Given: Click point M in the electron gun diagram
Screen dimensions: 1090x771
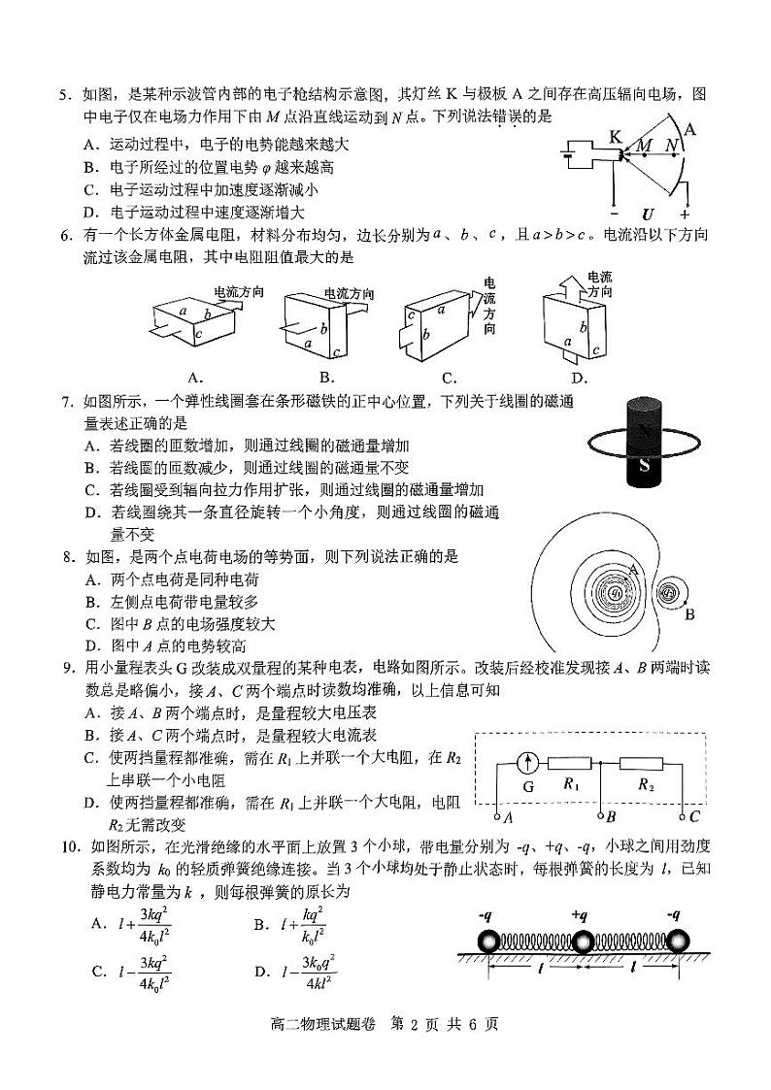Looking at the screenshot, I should tap(644, 154).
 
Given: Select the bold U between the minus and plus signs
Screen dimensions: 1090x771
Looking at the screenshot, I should tap(648, 214).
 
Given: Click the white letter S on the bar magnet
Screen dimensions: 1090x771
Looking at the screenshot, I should tap(644, 465).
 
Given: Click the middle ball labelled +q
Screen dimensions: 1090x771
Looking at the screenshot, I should tap(582, 941).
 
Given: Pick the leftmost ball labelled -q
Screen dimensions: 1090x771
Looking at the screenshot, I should tap(487, 941).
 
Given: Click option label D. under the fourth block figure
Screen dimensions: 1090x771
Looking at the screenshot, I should tap(580, 378).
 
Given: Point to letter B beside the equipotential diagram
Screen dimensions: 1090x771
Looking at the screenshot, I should tap(689, 613).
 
